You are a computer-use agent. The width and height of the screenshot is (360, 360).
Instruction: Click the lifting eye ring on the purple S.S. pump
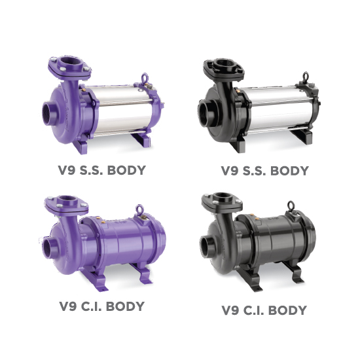click(145, 77)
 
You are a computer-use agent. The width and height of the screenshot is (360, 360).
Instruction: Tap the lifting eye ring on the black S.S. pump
click(306, 75)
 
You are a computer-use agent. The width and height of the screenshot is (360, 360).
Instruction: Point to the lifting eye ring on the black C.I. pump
click(291, 204)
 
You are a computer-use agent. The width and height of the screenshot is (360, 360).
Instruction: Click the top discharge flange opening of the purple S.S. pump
click(71, 62)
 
